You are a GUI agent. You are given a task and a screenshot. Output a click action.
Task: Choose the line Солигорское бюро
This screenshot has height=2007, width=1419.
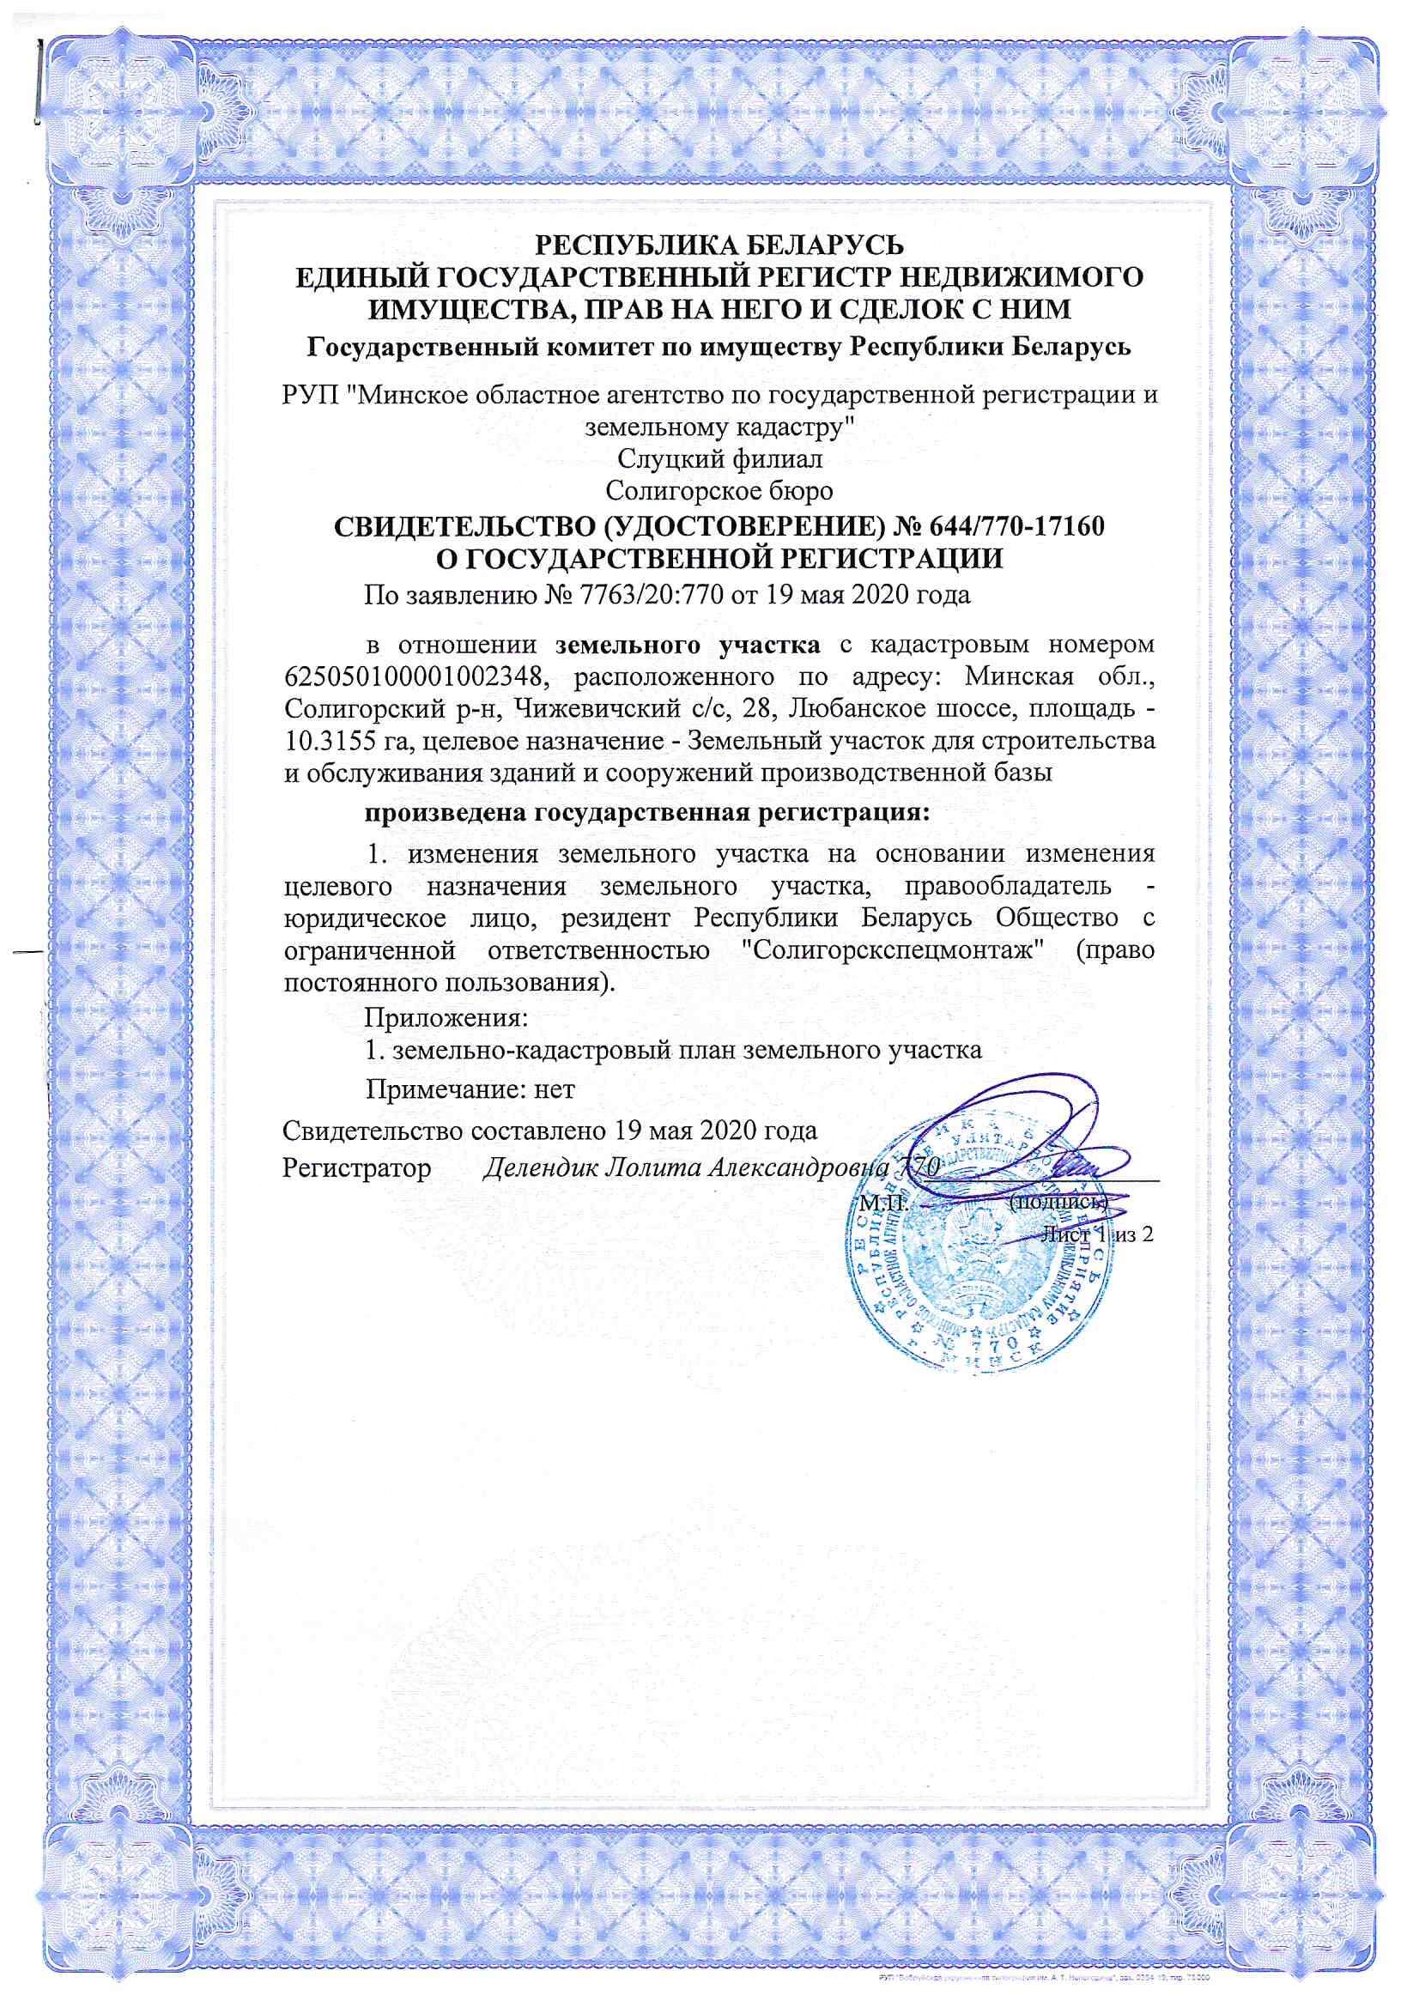tap(720, 490)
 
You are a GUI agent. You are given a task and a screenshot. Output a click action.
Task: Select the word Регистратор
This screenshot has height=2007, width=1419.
tap(357, 1167)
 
